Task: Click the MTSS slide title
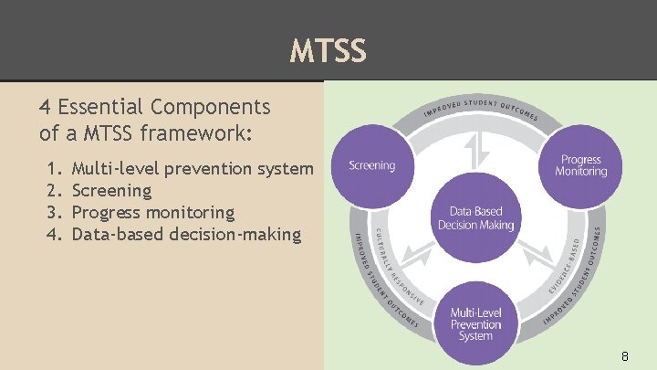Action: [328, 50]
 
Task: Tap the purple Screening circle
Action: [371, 165]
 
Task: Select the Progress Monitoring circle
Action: [580, 165]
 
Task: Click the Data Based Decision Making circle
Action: [475, 218]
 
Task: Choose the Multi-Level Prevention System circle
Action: [474, 324]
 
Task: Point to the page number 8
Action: [624, 355]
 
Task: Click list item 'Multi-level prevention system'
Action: [192, 168]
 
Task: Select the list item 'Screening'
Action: [111, 190]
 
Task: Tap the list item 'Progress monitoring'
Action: [152, 212]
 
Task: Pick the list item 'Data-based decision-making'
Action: [185, 234]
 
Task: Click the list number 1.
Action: [52, 168]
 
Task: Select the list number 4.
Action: [52, 234]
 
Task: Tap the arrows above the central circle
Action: [474, 152]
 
